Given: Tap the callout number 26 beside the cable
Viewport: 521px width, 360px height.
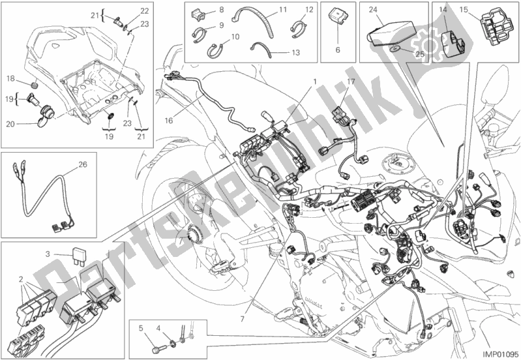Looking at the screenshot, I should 82,164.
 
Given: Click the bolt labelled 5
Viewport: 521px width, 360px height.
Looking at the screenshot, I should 155,339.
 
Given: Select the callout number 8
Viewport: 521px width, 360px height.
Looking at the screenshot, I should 220,9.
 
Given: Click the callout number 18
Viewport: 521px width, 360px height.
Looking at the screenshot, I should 11,79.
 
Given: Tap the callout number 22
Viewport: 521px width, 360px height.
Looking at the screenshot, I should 145,10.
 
